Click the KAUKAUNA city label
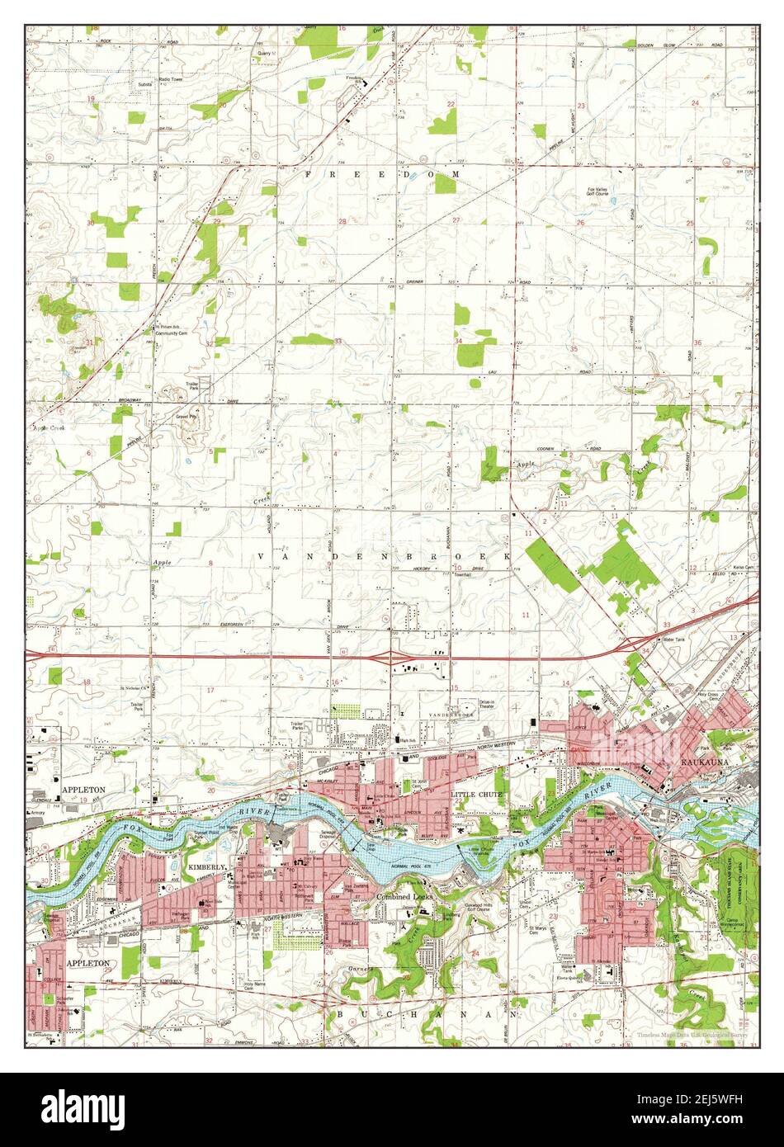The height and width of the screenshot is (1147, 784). tap(705, 762)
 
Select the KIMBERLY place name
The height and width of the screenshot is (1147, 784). tap(206, 868)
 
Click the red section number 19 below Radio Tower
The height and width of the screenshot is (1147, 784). tap(92, 98)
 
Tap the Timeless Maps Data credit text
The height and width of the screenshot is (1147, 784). tap(692, 1034)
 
